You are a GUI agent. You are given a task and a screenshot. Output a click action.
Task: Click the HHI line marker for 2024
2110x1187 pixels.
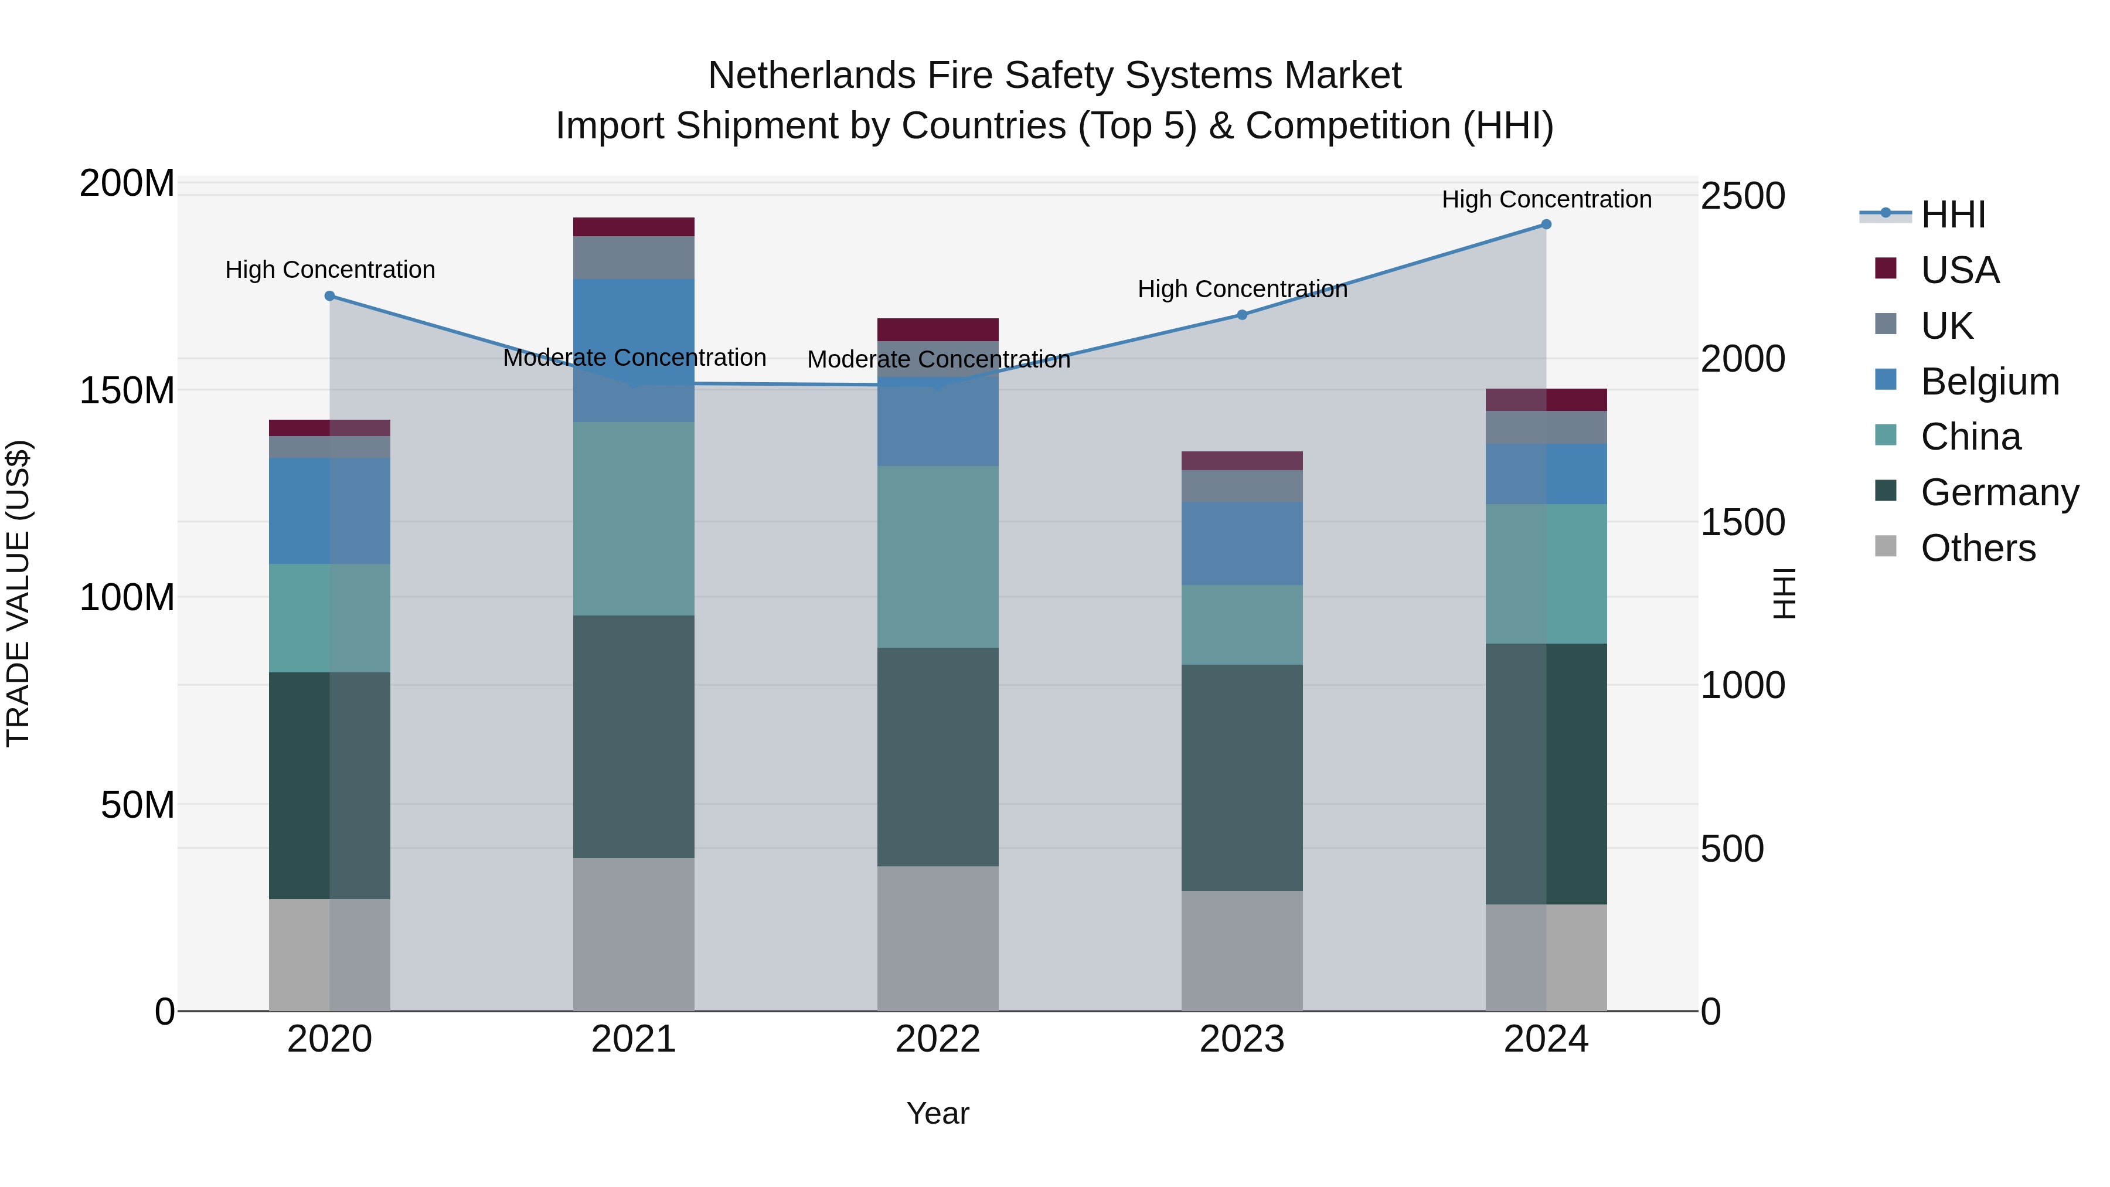point(1546,225)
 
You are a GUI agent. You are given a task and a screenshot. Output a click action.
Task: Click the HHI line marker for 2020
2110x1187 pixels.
point(329,296)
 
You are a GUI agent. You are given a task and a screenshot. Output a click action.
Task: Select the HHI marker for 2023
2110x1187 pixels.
point(1242,315)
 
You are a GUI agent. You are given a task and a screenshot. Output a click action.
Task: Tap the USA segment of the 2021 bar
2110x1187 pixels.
point(633,227)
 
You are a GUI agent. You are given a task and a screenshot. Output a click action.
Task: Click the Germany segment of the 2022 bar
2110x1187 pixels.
point(938,756)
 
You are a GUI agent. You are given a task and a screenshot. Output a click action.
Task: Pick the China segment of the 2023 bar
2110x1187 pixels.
point(1242,624)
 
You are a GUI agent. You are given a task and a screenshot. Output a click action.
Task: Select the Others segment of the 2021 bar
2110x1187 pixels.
point(633,934)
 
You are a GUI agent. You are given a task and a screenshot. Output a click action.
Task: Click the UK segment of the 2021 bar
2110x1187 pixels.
point(633,257)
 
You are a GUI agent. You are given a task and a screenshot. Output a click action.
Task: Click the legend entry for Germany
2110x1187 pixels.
point(1999,492)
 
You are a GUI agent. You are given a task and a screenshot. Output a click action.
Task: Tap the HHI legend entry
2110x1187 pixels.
point(1953,215)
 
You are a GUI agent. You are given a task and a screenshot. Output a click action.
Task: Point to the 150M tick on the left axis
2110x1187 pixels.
point(127,390)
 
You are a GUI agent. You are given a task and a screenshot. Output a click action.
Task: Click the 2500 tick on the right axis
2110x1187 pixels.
point(1743,196)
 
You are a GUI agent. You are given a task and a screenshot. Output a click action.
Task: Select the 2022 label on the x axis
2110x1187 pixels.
point(938,1039)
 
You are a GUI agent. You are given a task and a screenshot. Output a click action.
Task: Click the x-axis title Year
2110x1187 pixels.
point(938,1113)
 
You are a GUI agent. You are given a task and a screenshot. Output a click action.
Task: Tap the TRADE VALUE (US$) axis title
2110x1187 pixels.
point(18,593)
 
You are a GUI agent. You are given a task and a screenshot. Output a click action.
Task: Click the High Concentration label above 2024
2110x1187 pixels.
point(1546,199)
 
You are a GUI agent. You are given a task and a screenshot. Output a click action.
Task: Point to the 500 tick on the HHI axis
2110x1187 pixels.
point(1731,849)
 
